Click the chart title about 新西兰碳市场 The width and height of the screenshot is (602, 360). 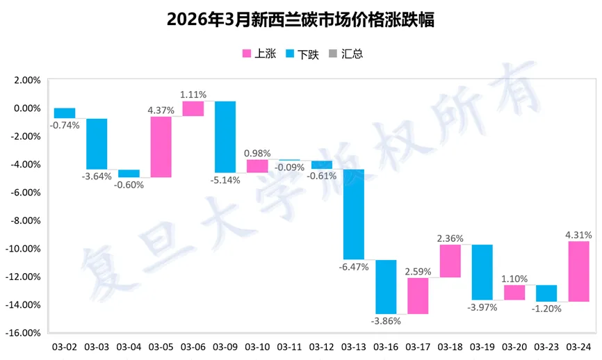[300, 20]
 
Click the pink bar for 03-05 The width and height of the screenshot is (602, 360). [161, 147]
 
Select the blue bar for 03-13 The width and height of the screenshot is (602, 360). [354, 214]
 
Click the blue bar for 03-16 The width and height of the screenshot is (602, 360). [386, 286]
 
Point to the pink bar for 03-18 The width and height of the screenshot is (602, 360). [450, 261]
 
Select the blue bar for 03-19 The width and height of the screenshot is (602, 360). [482, 272]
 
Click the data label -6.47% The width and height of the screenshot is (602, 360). [354, 266]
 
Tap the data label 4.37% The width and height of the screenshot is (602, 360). [161, 109]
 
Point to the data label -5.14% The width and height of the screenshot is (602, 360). [225, 180]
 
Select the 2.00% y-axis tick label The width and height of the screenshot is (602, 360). [27, 80]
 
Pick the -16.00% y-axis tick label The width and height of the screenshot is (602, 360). [24, 333]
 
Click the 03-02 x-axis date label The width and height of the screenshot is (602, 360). [65, 346]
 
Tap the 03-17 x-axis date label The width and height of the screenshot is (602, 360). [418, 346]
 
